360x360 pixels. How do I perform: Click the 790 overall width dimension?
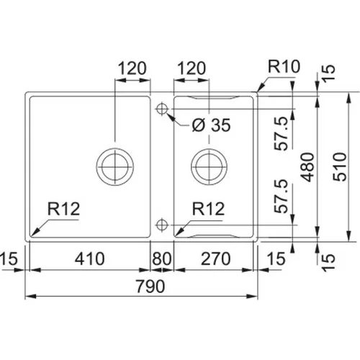pos(150,286)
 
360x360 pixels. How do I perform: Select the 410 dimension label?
pos(89,258)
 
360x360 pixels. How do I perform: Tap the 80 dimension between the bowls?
pos(162,258)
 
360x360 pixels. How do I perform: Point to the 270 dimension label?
pos(215,258)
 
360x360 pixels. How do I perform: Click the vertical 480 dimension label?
pos(308,167)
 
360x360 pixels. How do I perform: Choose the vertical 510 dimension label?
pos(340,167)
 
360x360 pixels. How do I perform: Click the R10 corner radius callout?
pos(284,66)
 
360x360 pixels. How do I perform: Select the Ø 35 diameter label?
pos(211,125)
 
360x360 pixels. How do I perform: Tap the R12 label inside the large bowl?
pos(63,209)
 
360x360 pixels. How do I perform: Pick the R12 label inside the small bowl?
pos(208,209)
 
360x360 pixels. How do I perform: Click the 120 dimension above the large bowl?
pos(132,68)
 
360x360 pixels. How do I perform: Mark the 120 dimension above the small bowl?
pos(192,68)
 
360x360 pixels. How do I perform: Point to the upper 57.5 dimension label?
pos(281,133)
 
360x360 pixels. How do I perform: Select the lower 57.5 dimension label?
pos(281,197)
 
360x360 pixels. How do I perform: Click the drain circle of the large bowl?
pos(115,166)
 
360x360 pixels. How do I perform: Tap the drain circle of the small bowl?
pos(210,166)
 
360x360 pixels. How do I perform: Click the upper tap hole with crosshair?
pos(162,109)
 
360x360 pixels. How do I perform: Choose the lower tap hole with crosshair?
pos(162,225)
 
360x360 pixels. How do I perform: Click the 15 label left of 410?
pos(9,258)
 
